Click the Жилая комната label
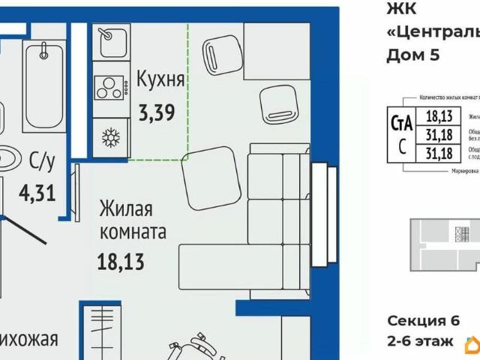coord(132,220)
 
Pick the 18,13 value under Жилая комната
coord(120,262)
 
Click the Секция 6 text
coord(423,321)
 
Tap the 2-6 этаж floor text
coord(420,341)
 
